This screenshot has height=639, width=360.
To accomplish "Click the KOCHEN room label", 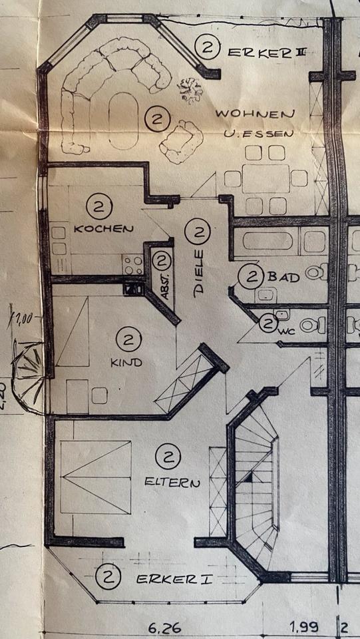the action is tap(103, 228).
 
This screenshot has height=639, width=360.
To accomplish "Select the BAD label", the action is tap(283, 278).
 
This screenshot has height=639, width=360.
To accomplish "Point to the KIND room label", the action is tap(126, 362).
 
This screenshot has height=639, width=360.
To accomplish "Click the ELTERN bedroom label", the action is tap(172, 483).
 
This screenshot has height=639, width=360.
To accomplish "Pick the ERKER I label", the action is tap(174, 579).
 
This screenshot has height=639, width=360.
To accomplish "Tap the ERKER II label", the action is tap(266, 52).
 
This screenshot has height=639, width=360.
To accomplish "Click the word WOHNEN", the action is tap(254, 113).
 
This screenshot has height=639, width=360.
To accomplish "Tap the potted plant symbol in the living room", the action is tap(190, 90).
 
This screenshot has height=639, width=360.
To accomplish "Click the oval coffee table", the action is tap(123, 121).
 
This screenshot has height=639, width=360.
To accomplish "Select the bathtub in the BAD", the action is tap(268, 241).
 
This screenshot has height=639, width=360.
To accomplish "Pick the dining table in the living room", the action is tap(266, 178).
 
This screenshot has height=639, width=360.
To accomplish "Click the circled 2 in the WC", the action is tap(268, 323).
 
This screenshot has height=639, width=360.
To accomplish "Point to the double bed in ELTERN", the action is tap(96, 477).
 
